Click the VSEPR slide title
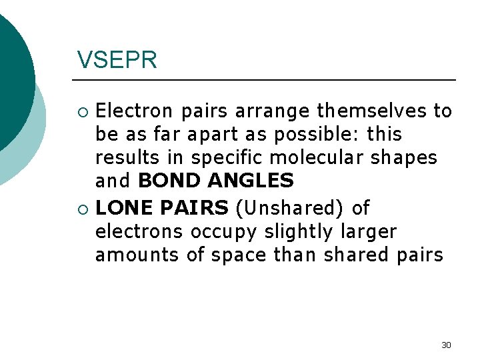point(117,60)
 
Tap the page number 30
point(446,345)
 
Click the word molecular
point(315,158)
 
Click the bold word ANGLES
point(250,181)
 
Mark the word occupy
point(223,233)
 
